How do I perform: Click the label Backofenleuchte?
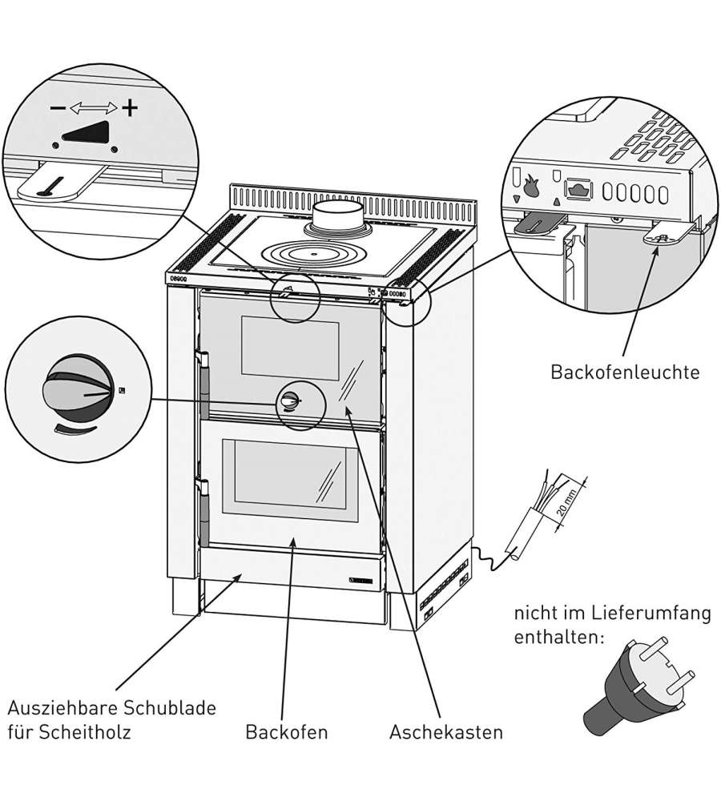(x=625, y=372)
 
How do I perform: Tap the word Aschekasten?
(x=446, y=732)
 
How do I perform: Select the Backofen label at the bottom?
(x=287, y=732)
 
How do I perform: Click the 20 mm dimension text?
(x=570, y=507)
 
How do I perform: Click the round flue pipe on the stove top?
(x=336, y=216)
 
